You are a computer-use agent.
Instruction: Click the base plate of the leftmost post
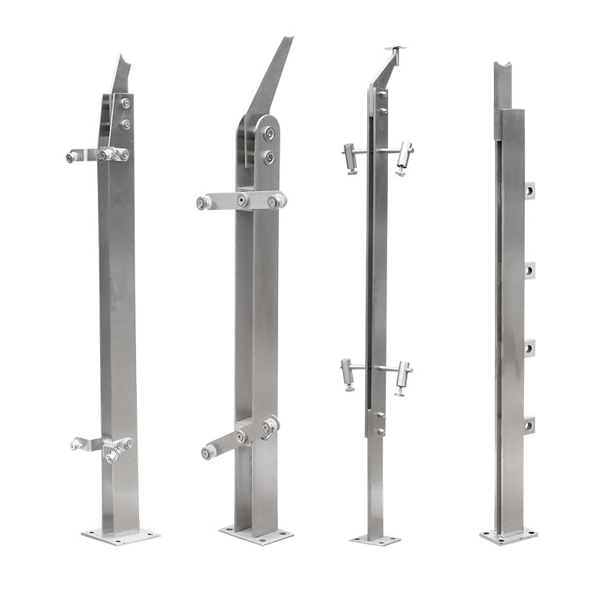pos(120,534)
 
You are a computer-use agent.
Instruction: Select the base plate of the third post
pos(375,539)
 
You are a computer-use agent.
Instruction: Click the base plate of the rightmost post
pos(509,535)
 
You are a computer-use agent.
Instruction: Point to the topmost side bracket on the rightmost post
pos(529,191)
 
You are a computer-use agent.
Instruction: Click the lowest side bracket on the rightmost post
pos(529,425)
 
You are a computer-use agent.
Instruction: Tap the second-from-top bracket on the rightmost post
pos(529,270)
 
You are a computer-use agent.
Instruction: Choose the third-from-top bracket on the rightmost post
pos(529,348)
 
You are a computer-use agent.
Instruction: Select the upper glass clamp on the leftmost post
pos(97,155)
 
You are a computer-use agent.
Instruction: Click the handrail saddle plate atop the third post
pos(395,50)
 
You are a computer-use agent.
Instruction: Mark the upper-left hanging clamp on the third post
pos(350,157)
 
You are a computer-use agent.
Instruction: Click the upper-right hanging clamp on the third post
pos(404,157)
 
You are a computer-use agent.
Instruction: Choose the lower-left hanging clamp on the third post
pos(348,372)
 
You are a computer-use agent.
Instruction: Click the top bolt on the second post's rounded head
pos(269,135)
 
